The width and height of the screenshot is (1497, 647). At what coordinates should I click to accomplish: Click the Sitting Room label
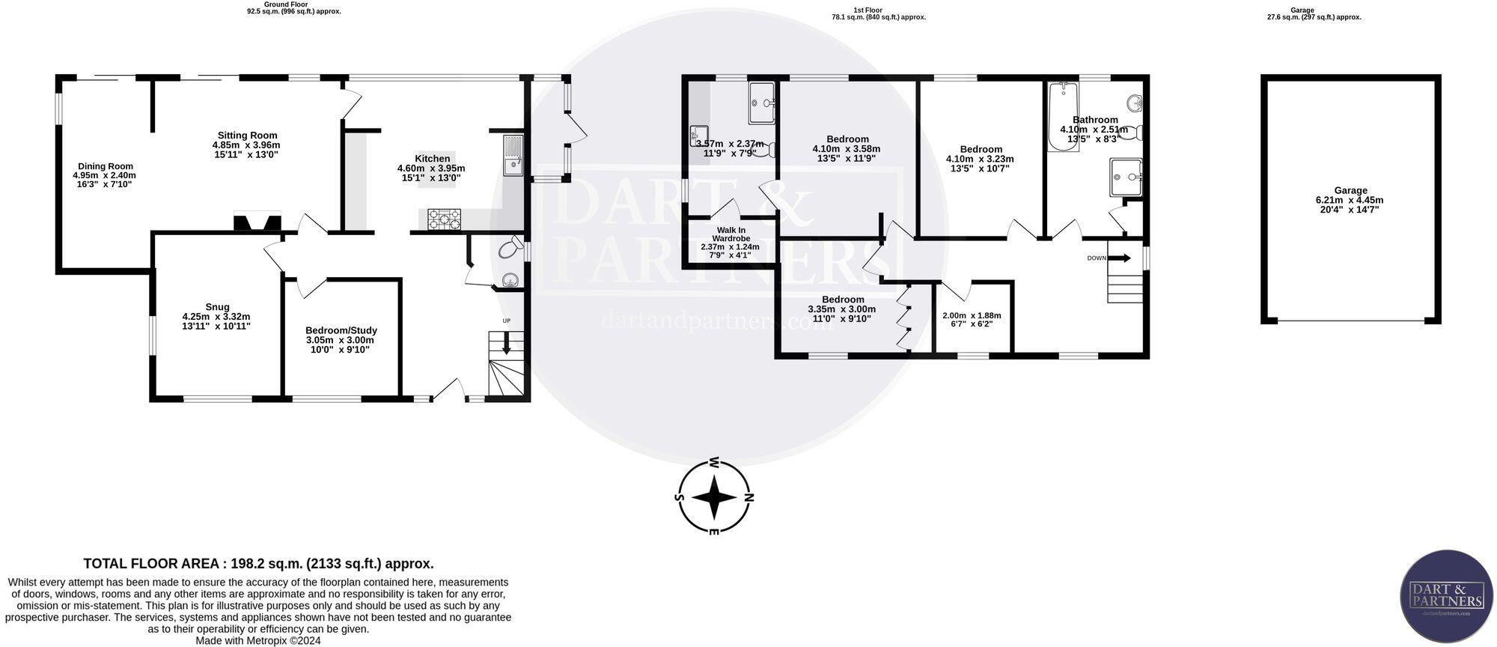(246, 136)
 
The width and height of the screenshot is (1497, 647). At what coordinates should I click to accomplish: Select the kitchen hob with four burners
(445, 219)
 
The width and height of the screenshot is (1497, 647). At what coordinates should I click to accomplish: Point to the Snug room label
(216, 306)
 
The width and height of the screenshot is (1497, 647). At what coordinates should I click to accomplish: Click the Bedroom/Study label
(341, 330)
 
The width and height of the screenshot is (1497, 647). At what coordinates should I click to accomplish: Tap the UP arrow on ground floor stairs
(506, 345)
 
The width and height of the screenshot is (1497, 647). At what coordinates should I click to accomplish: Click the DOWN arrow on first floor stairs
(1120, 258)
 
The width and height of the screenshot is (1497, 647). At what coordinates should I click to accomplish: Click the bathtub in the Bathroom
(1063, 116)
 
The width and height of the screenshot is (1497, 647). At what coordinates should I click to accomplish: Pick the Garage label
(1350, 190)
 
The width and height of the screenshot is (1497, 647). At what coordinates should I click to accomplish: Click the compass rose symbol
(715, 497)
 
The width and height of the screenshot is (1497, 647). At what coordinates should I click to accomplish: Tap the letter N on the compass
(749, 498)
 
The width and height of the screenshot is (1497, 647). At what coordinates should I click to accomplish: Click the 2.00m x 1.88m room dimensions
(971, 315)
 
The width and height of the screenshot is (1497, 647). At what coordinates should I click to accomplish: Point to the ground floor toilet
(513, 248)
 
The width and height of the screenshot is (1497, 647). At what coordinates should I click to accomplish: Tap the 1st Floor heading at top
(868, 10)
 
